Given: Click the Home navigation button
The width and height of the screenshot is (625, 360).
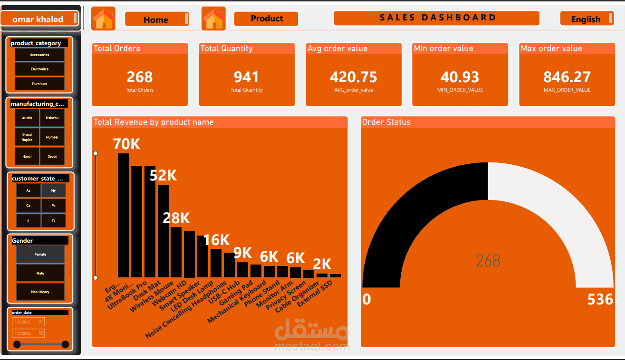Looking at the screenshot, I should pyautogui.click(x=156, y=19).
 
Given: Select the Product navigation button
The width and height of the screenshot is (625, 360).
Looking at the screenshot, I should pyautogui.click(x=266, y=19).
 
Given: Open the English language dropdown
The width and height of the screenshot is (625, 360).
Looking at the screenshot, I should pyautogui.click(x=587, y=19).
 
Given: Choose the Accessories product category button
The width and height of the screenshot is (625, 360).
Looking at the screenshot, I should pyautogui.click(x=39, y=55).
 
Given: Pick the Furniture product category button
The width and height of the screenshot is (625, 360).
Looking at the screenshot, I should pyautogui.click(x=39, y=84).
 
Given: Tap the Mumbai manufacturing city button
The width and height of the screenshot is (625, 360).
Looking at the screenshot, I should pyautogui.click(x=52, y=137).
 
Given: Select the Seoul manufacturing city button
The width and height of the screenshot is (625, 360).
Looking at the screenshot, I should pyautogui.click(x=52, y=156).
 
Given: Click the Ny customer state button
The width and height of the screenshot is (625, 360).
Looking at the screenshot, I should pyautogui.click(x=53, y=190).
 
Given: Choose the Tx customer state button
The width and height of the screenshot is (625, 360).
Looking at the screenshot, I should pyautogui.click(x=53, y=221).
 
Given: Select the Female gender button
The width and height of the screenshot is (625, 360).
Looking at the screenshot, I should pyautogui.click(x=40, y=254).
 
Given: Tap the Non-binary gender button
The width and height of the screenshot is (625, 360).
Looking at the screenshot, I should pyautogui.click(x=40, y=292).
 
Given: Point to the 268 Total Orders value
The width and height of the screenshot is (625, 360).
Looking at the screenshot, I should pyautogui.click(x=140, y=77).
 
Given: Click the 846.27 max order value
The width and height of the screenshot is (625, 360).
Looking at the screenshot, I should pyautogui.click(x=567, y=77).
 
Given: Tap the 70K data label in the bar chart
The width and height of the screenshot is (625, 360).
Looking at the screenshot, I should pyautogui.click(x=126, y=144).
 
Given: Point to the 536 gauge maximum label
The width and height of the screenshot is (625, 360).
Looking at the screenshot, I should pyautogui.click(x=600, y=300).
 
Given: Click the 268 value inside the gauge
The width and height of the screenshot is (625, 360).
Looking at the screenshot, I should pyautogui.click(x=488, y=260).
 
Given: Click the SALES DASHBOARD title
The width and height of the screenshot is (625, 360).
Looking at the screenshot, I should pyautogui.click(x=437, y=18).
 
